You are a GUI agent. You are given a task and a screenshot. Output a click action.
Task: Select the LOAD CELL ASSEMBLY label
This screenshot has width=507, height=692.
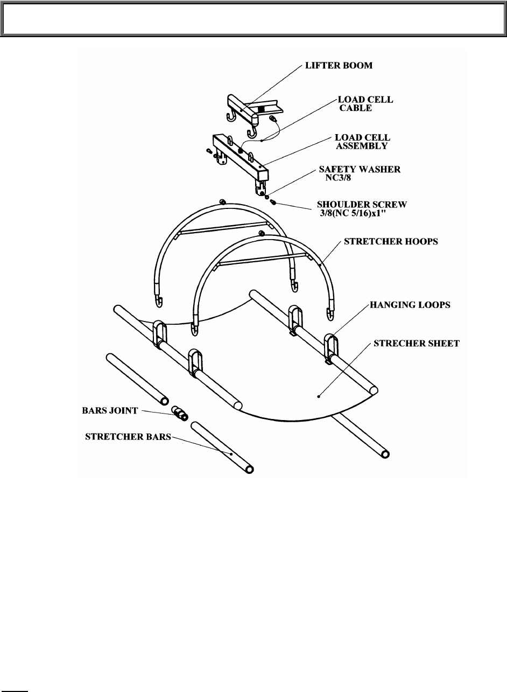click(362, 141)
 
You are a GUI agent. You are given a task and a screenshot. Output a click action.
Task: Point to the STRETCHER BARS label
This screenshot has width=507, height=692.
click(128, 437)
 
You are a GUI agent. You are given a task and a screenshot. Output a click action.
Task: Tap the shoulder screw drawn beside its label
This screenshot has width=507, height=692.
click(273, 202)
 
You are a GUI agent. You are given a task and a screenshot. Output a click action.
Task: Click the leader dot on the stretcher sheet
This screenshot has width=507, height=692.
click(319, 396)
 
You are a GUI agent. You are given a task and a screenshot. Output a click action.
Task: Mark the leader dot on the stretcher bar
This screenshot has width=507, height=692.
click(231, 453)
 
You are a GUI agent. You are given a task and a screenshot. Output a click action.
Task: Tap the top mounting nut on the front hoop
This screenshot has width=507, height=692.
click(261, 233)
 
